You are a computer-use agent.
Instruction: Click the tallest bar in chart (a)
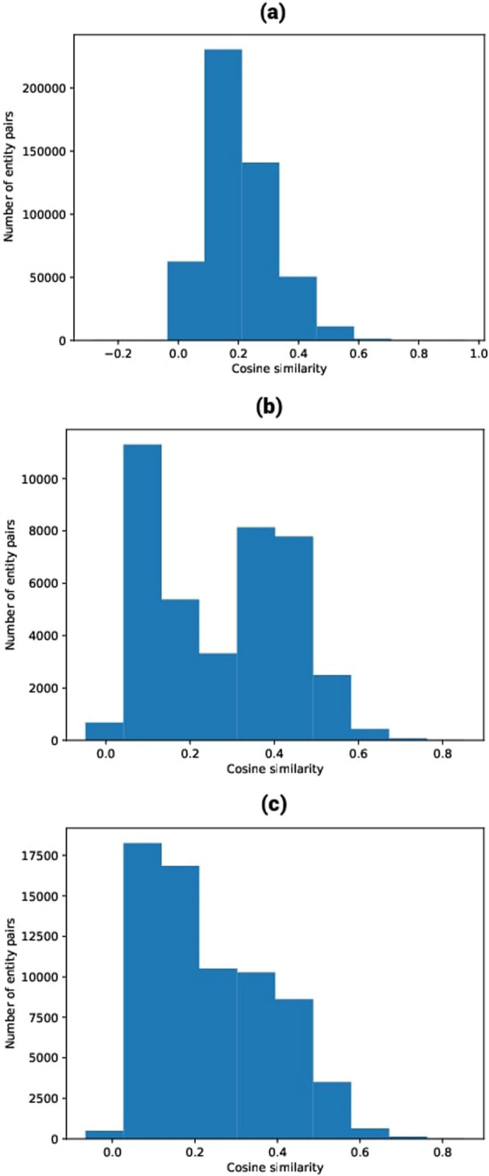coord(223,194)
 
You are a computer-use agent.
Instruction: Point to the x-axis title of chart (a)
coord(278,370)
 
